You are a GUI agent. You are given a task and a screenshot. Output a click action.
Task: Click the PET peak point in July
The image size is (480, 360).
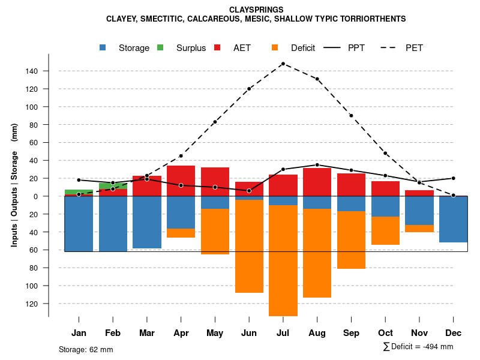(283, 64)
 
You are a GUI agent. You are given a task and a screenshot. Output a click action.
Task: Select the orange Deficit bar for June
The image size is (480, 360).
(249, 246)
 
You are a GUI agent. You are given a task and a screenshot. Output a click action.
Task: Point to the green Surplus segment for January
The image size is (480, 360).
(79, 192)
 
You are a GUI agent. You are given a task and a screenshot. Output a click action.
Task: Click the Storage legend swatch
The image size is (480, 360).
(104, 47)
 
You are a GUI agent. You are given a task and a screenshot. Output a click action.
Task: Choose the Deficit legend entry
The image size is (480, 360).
(302, 48)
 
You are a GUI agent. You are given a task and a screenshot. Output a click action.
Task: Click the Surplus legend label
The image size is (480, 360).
(191, 48)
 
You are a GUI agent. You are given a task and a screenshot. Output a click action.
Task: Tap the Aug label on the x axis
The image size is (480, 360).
(317, 333)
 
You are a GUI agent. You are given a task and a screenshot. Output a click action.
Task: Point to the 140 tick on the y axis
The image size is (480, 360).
(31, 71)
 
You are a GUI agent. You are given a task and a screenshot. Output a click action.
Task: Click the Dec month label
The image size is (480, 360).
(454, 333)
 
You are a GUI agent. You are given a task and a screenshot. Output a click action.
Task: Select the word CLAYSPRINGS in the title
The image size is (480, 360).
(256, 10)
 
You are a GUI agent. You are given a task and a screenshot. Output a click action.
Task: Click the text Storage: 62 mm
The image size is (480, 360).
(86, 349)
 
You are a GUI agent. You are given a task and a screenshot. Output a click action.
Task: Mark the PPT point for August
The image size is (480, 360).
(317, 165)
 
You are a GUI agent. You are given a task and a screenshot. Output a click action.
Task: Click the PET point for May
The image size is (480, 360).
(215, 122)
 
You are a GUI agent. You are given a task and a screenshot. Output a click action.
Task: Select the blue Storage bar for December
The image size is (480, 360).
(454, 219)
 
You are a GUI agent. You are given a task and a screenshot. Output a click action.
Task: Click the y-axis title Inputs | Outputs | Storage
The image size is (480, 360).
(14, 185)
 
